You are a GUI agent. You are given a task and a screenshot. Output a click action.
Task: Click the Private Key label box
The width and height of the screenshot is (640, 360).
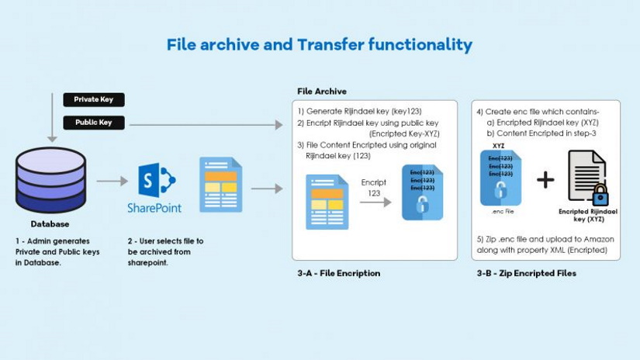[93, 99]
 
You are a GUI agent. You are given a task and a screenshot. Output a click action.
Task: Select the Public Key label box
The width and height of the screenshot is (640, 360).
[93, 123]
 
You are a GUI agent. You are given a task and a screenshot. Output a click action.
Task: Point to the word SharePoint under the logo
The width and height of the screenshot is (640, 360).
[154, 208]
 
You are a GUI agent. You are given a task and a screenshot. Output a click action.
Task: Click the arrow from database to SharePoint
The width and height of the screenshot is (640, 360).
[112, 182]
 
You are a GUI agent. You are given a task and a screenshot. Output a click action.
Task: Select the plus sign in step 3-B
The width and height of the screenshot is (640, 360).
[545, 180]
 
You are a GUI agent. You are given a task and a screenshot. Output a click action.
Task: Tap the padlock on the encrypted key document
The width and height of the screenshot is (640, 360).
[600, 195]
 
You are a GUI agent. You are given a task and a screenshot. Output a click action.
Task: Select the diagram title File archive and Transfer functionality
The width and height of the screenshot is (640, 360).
[319, 45]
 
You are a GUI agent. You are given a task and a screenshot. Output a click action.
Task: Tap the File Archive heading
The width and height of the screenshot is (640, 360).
[322, 92]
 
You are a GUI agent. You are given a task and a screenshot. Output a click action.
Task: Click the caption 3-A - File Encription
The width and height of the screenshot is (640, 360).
[338, 273]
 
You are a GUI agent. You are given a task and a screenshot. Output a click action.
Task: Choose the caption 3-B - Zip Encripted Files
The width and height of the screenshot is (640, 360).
[527, 273]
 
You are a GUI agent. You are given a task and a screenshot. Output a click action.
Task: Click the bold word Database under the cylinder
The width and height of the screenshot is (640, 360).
[50, 224]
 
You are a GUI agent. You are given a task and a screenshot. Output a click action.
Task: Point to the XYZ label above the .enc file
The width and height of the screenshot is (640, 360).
[498, 145]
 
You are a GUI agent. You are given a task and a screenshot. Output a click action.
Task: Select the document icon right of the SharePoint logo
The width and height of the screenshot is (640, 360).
[220, 185]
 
